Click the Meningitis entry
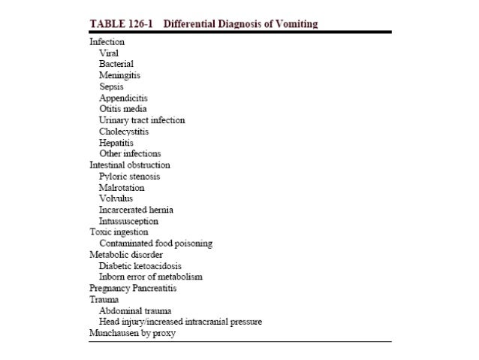[119, 76]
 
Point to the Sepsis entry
[112, 87]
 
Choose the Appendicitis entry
[123, 98]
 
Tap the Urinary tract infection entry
[142, 120]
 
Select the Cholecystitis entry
[124, 132]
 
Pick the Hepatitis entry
[116, 143]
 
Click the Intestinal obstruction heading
[130, 165]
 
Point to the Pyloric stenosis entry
[129, 176]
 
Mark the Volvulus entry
[116, 198]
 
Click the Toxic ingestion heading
[117, 232]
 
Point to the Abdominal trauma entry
[135, 310]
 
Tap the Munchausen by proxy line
[132, 333]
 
